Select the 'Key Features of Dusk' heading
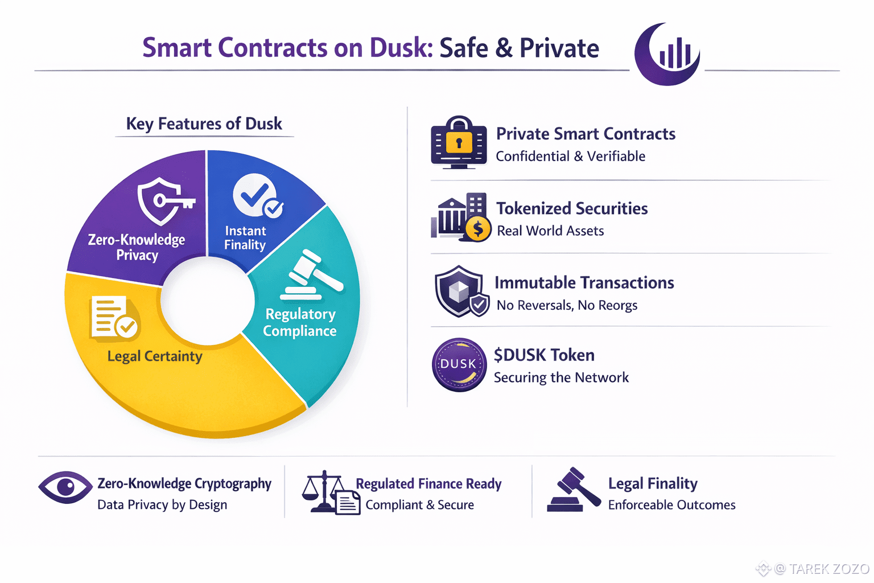pos(204,124)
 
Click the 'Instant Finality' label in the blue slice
pos(245,237)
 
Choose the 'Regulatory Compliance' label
pos(300,322)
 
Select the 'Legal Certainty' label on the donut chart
pos(155,356)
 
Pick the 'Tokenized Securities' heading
pos(572,208)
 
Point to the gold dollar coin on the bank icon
pos(478,229)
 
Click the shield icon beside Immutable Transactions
pos(460,291)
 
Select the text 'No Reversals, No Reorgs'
pos(567,305)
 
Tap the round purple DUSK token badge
pos(459,364)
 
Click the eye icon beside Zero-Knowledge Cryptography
pos(65,487)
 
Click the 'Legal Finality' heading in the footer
pos(653,483)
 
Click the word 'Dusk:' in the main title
pos(402,48)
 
